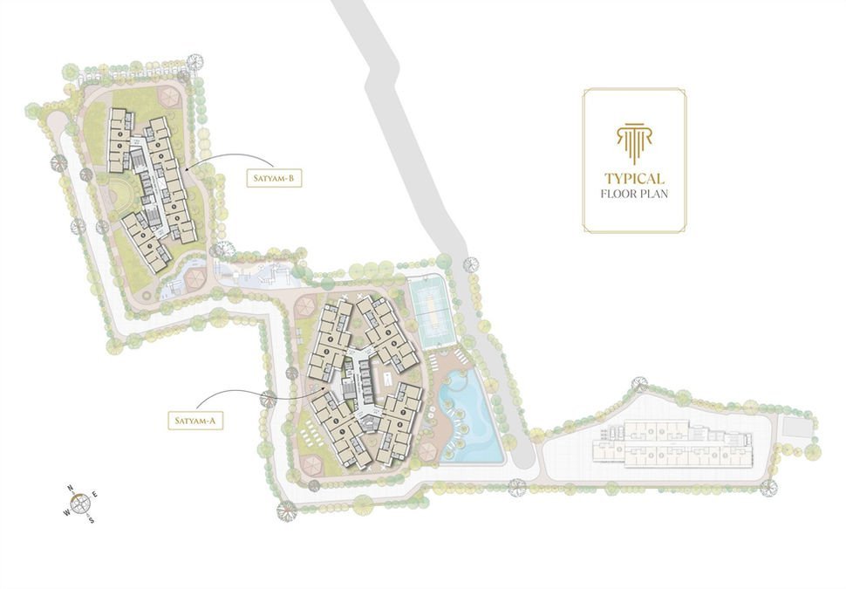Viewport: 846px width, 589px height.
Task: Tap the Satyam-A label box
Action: pos(195,421)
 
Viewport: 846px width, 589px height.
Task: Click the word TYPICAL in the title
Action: pos(634,177)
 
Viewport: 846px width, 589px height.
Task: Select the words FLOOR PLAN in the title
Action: pos(634,194)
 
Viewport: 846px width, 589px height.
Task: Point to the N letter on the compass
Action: pos(69,490)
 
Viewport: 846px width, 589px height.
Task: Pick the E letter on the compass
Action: pos(95,495)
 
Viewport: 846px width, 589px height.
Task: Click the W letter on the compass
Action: pos(65,513)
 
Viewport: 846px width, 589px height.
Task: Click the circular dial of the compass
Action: pos(80,503)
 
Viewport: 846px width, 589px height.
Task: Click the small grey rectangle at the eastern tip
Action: pos(795,428)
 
